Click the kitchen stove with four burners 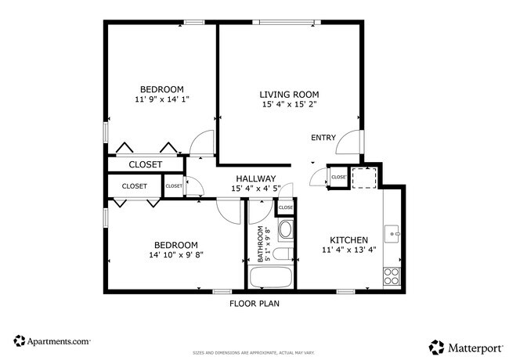click(x=392, y=275)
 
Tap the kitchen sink click(x=393, y=232)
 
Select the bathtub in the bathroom click(x=270, y=277)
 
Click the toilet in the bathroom click(x=286, y=230)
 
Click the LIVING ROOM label click(x=290, y=94)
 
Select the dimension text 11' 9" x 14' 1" click(x=162, y=99)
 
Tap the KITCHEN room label click(x=348, y=239)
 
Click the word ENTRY click(x=323, y=138)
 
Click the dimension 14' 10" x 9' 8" click(x=175, y=255)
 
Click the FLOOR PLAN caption click(x=254, y=304)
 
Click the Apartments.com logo click(x=52, y=341)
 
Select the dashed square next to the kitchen click(x=363, y=178)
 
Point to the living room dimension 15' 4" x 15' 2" click(x=290, y=104)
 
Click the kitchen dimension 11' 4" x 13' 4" click(x=348, y=250)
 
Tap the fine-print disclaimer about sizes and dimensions click(x=254, y=353)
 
